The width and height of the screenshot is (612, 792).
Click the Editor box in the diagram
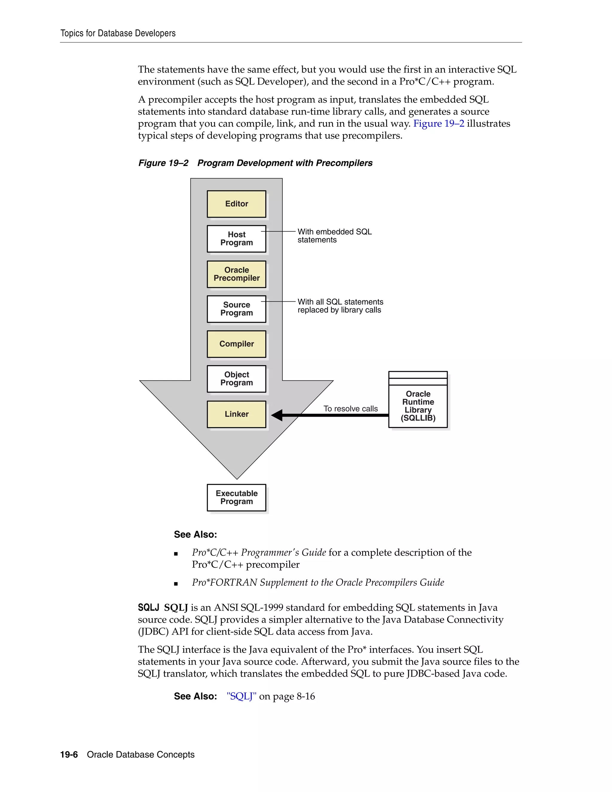[x=236, y=204]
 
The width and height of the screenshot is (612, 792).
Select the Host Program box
[x=236, y=238]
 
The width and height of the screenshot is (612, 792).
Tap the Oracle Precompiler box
[x=236, y=274]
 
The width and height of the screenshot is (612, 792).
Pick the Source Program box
[x=236, y=309]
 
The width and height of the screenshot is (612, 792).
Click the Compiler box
[x=236, y=344]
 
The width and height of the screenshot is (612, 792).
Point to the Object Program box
[x=236, y=379]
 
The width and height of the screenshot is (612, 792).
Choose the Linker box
[x=236, y=414]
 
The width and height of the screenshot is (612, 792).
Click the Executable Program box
[x=236, y=498]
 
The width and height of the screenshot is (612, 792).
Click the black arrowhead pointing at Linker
[x=277, y=415]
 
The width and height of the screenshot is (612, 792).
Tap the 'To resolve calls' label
[x=350, y=409]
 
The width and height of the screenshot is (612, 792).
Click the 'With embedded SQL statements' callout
[x=334, y=236]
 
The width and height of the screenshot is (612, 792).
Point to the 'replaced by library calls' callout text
[x=339, y=310]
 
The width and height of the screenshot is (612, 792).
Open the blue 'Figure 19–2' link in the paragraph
[x=438, y=124]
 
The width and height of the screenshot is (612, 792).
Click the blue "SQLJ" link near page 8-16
[x=241, y=696]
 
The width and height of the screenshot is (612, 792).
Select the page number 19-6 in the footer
[x=69, y=755]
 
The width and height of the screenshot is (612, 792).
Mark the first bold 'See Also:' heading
[x=195, y=535]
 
